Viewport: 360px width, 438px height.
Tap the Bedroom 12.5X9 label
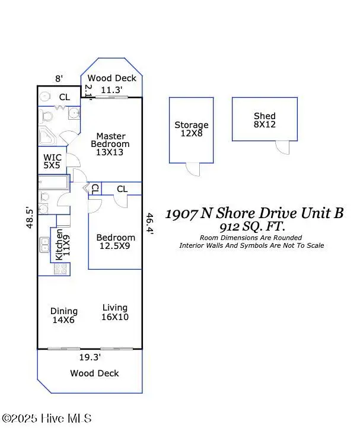(x=116, y=242)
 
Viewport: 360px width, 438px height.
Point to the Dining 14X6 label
(x=64, y=315)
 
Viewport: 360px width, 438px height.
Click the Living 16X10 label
(x=114, y=312)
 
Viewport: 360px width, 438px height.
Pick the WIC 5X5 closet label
(x=52, y=162)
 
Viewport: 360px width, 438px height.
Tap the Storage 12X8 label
(x=191, y=129)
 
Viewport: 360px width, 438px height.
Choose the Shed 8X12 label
(x=265, y=120)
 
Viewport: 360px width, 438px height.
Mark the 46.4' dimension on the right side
(x=150, y=225)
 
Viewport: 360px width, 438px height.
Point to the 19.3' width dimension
(x=90, y=357)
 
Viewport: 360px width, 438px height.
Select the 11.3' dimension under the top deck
(x=111, y=90)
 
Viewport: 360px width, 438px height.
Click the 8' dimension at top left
(x=59, y=78)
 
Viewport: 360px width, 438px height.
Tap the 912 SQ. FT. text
(x=251, y=227)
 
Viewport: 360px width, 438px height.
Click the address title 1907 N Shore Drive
(x=254, y=213)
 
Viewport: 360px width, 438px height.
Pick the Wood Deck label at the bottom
(x=94, y=373)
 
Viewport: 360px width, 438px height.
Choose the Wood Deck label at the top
(x=111, y=78)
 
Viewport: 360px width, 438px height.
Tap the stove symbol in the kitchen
(x=60, y=268)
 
